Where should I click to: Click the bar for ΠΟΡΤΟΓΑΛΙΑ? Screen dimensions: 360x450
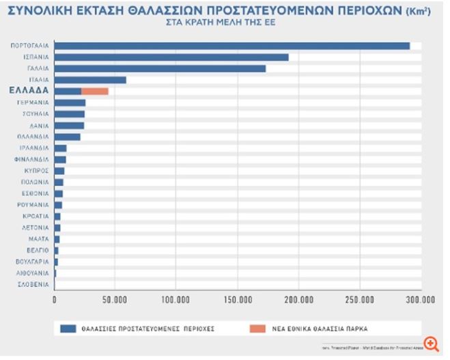coord(231,46)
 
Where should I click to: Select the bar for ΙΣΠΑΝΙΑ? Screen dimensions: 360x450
coord(171,57)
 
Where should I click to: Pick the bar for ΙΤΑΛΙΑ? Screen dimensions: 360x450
coord(89,80)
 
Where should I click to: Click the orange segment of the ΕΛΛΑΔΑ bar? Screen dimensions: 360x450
coord(94,91)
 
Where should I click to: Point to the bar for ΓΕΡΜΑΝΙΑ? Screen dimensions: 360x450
coord(69,102)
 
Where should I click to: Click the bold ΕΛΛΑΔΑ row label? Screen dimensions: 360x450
coord(29,90)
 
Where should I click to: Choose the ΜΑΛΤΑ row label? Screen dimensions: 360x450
coord(38,238)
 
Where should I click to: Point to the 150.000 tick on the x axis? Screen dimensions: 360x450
coord(237,299)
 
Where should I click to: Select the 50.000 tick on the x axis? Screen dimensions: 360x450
coord(115,299)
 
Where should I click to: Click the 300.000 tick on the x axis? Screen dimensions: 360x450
coord(419,299)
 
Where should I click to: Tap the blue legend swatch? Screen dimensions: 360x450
coord(67,328)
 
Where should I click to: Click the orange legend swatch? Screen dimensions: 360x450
coord(257,328)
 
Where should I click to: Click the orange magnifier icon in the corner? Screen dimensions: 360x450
coord(431,343)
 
